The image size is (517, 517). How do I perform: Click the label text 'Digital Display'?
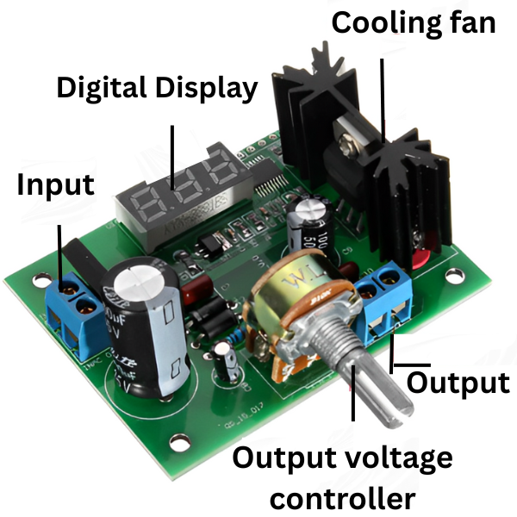[157, 89]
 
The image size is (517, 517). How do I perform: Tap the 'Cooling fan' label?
[414, 22]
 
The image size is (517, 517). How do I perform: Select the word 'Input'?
[56, 185]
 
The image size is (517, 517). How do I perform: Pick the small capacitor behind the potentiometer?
[307, 224]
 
